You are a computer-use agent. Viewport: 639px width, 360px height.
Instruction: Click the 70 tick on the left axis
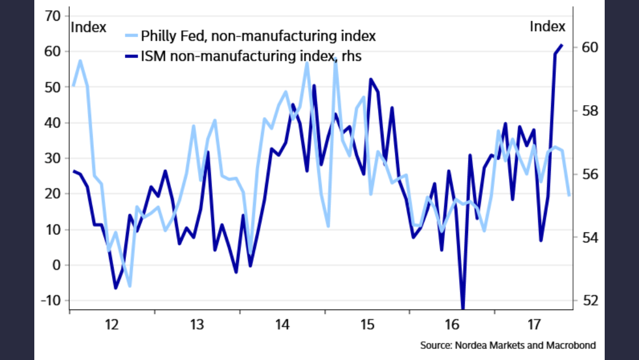(x=52, y=16)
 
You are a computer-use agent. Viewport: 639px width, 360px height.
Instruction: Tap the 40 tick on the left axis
(x=52, y=123)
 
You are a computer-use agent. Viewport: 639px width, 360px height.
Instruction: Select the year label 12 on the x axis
(x=111, y=325)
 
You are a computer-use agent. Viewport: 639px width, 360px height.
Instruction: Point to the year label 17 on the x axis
(x=535, y=325)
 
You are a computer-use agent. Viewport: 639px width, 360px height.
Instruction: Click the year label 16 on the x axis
(x=452, y=325)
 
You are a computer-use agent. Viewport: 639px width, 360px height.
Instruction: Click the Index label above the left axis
(x=88, y=26)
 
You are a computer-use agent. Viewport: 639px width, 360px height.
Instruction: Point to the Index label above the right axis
(x=547, y=26)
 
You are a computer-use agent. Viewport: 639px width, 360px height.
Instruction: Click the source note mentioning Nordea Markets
(x=507, y=345)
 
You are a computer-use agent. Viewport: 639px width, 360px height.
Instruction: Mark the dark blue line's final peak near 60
(x=561, y=44)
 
